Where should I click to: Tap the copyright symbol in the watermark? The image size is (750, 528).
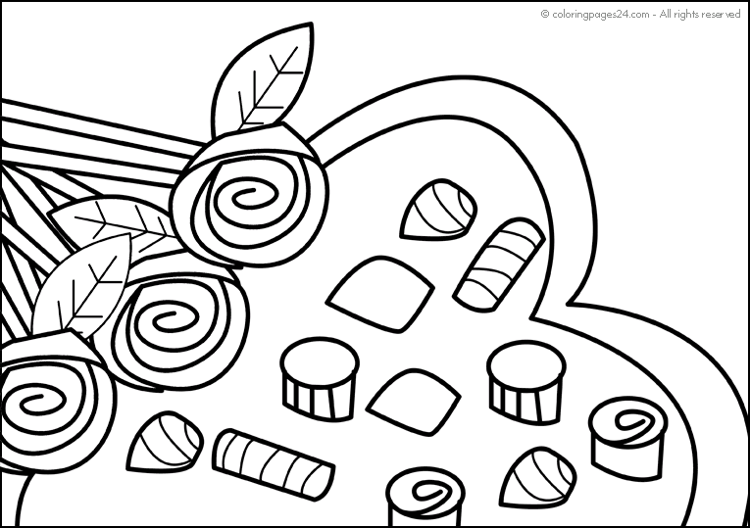pos(545,15)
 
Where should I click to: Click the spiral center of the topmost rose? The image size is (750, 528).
pos(250,196)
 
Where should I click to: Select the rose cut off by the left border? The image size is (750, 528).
pos(53,402)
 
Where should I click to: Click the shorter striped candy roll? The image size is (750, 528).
pos(500,264)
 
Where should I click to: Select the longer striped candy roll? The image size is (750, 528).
pos(274,464)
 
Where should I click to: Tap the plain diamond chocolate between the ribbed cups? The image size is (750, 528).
pos(414,401)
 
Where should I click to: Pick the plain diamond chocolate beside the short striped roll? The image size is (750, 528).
pos(379,293)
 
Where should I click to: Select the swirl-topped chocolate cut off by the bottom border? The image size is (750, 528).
pos(425,498)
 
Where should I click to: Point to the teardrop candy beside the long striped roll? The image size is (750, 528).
pos(165,442)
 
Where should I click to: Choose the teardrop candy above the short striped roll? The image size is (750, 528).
pos(438,210)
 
